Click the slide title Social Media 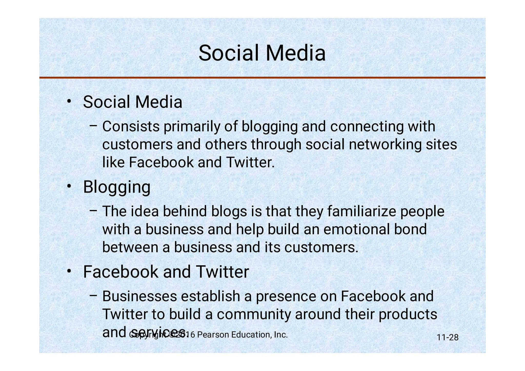262,53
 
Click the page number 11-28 447,337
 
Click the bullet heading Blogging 117,187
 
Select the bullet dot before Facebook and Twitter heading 69,271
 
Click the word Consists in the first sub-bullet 131,127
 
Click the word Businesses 139,296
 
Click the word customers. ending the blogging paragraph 321,248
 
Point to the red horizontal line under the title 262,77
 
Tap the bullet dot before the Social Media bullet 69,101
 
